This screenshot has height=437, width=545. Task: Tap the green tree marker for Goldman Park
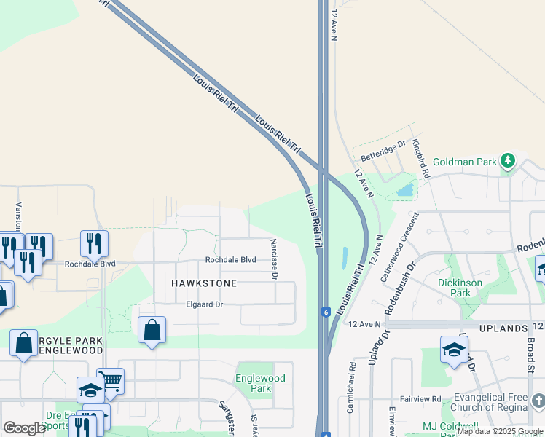[x=507, y=160]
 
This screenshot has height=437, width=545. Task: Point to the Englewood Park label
[x=260, y=383]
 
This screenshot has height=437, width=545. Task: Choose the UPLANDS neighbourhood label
[x=503, y=328]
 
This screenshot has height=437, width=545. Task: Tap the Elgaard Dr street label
[x=204, y=304]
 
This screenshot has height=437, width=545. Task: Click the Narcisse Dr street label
[x=275, y=259]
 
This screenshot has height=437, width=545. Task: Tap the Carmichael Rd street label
[x=351, y=398]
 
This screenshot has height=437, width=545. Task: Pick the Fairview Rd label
[x=420, y=399]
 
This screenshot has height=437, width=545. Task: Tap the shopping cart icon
[x=110, y=381]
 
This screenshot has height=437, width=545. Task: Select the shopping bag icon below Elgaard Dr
[x=152, y=330]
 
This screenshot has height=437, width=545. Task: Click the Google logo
[x=24, y=428]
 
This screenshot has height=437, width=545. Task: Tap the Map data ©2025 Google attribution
[x=501, y=431]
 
